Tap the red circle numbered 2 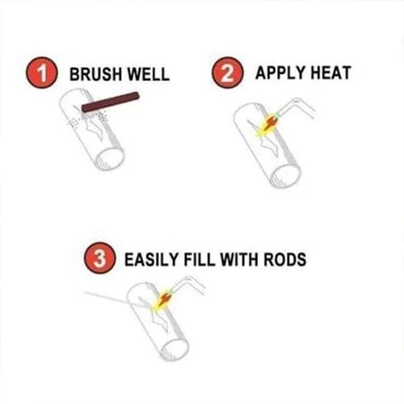[x=229, y=74]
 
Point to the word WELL [x=149, y=74]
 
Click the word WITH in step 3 [x=240, y=260]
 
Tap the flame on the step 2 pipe [x=267, y=125]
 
